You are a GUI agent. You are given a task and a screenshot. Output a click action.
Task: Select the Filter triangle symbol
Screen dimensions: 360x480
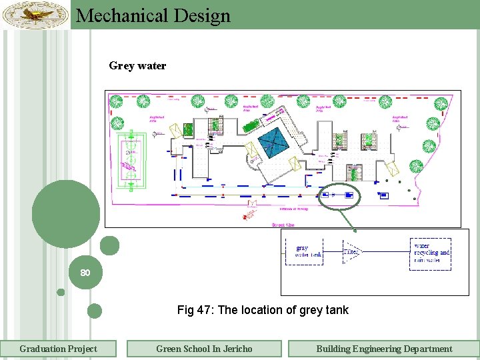[353, 251]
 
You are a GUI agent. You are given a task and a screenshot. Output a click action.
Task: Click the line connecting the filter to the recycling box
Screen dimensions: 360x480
[386, 251]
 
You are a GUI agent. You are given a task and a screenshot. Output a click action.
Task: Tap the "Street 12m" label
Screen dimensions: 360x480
[286, 225]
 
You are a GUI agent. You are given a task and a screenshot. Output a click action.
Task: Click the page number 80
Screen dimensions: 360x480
[85, 273]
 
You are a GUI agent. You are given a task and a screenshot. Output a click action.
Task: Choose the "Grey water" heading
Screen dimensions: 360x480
[137, 66]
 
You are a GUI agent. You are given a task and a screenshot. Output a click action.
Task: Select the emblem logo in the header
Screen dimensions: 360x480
[35, 14]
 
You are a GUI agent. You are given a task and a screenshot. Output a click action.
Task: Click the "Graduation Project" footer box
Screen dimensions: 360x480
[58, 349]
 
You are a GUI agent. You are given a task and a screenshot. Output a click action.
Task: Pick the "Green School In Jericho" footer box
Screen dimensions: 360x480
[204, 349]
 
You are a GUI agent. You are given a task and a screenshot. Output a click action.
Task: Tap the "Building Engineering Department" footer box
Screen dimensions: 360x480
[383, 349]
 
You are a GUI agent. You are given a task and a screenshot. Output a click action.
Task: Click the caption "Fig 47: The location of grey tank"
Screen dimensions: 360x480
[263, 309]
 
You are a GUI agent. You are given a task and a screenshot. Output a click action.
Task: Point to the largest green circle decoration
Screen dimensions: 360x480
[65, 213]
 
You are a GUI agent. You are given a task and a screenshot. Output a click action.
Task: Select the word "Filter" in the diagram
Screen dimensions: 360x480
[351, 251]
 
